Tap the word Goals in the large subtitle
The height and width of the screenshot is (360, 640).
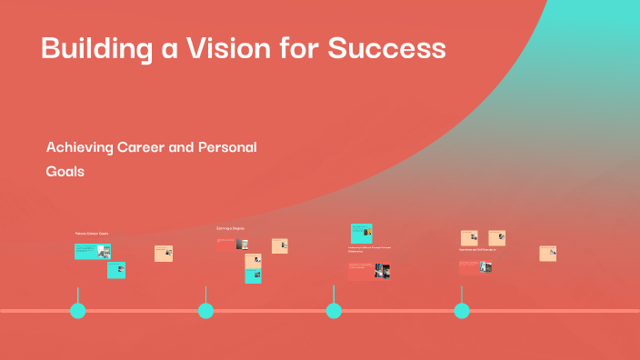click(65, 171)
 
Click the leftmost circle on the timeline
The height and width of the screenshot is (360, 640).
click(78, 311)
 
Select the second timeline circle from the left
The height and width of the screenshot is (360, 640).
click(206, 311)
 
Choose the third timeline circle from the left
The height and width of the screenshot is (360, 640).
click(334, 311)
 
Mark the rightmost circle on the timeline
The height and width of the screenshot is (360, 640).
click(462, 311)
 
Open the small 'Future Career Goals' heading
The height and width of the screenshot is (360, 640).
click(91, 234)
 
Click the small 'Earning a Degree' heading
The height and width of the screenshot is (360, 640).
click(230, 228)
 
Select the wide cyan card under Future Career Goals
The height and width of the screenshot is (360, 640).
click(92, 251)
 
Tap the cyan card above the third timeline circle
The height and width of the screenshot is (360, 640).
click(361, 232)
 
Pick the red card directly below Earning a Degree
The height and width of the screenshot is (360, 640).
click(232, 244)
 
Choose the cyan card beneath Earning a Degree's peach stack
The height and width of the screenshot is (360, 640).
click(253, 275)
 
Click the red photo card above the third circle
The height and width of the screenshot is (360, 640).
click(368, 270)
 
